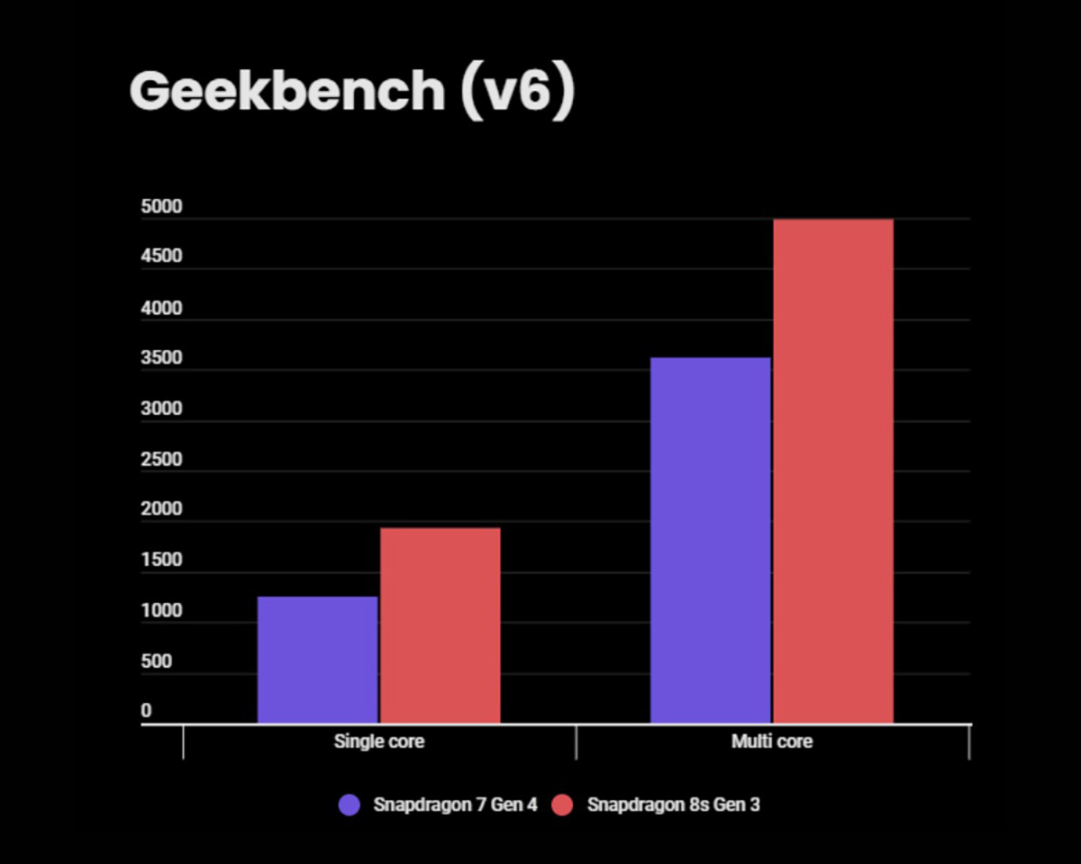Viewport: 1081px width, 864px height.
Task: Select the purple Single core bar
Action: (317, 660)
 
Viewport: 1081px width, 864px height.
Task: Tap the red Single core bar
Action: (440, 625)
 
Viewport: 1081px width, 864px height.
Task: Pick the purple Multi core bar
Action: (710, 540)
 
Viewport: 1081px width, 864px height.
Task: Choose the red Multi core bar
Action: (833, 471)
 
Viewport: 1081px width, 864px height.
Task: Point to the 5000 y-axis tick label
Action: (162, 207)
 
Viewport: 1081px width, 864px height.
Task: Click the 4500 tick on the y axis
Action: (162, 256)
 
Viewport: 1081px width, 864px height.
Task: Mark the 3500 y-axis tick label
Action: (162, 358)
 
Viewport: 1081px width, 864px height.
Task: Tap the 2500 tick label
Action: (162, 460)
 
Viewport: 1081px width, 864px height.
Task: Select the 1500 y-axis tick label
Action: (162, 560)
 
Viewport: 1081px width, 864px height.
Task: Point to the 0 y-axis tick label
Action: (147, 711)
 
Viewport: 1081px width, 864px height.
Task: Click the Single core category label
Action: (378, 742)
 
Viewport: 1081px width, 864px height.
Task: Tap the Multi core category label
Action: (772, 742)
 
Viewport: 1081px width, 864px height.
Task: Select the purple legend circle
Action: (350, 805)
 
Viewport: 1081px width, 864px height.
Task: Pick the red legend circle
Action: (563, 805)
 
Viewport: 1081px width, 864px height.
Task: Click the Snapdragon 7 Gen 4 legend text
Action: (455, 805)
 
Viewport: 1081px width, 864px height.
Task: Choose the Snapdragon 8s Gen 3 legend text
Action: (673, 805)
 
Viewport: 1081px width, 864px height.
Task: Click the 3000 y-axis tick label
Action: (162, 409)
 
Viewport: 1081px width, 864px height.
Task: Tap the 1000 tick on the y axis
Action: (162, 611)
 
